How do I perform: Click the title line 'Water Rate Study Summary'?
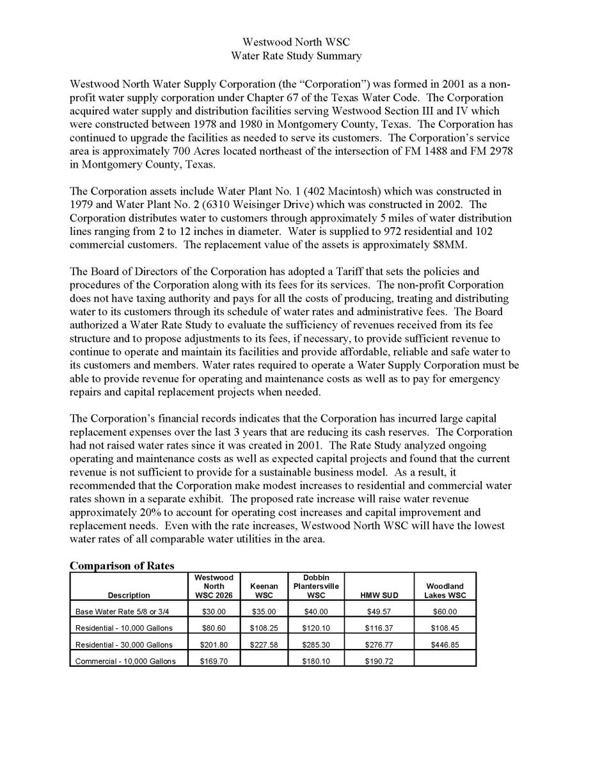click(x=296, y=56)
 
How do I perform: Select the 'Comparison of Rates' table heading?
click(x=122, y=566)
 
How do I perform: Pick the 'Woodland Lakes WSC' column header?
click(x=445, y=590)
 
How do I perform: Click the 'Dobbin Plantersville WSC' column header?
click(x=316, y=586)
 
